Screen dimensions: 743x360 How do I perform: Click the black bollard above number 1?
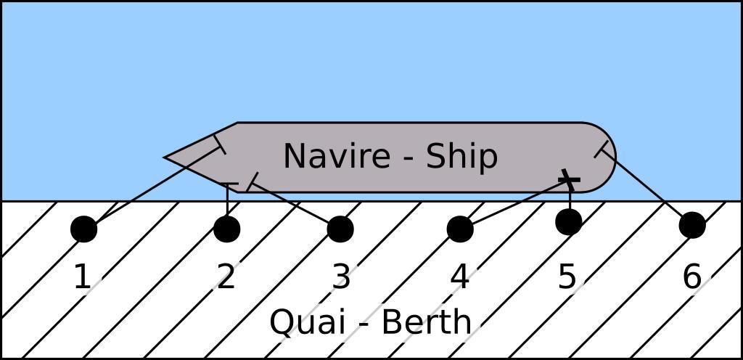pyautogui.click(x=84, y=229)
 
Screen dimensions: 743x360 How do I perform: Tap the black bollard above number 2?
pyautogui.click(x=227, y=229)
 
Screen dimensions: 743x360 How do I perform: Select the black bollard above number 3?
pyautogui.click(x=340, y=229)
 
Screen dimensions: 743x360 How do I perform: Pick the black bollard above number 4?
pyautogui.click(x=460, y=229)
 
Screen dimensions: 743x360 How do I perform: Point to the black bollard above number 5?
pyautogui.click(x=569, y=221)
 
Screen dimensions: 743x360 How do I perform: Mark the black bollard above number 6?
pyautogui.click(x=692, y=225)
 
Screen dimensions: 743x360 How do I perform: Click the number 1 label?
pyautogui.click(x=83, y=277)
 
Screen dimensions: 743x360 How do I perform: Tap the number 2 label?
pyautogui.click(x=226, y=277)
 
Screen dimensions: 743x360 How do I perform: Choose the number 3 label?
pyautogui.click(x=341, y=277)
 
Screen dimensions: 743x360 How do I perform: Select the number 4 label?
pyautogui.click(x=459, y=277)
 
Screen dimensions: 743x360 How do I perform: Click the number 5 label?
pyautogui.click(x=567, y=277)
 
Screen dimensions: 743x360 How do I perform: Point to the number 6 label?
pyautogui.click(x=691, y=277)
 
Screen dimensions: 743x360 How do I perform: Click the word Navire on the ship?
pyautogui.click(x=337, y=156)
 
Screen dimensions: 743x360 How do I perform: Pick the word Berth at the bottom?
pyautogui.click(x=426, y=322)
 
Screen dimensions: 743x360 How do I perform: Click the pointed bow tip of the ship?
pyautogui.click(x=164, y=157)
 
